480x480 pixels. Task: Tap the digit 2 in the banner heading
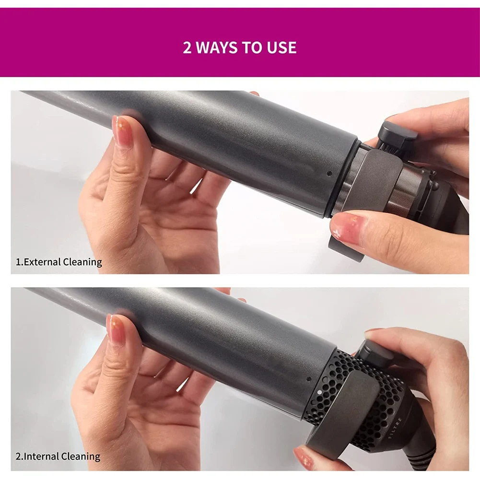tap(187, 47)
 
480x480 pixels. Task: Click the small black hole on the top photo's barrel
tap(329, 174)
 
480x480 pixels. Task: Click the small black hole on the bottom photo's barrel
tap(307, 380)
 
